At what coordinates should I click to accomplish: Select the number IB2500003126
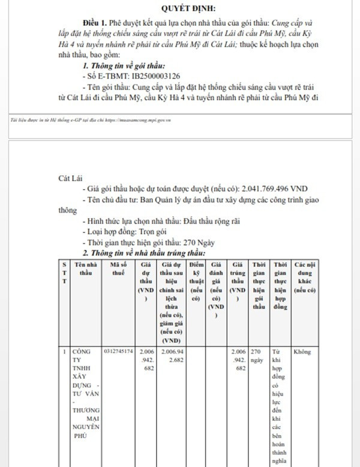156,76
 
